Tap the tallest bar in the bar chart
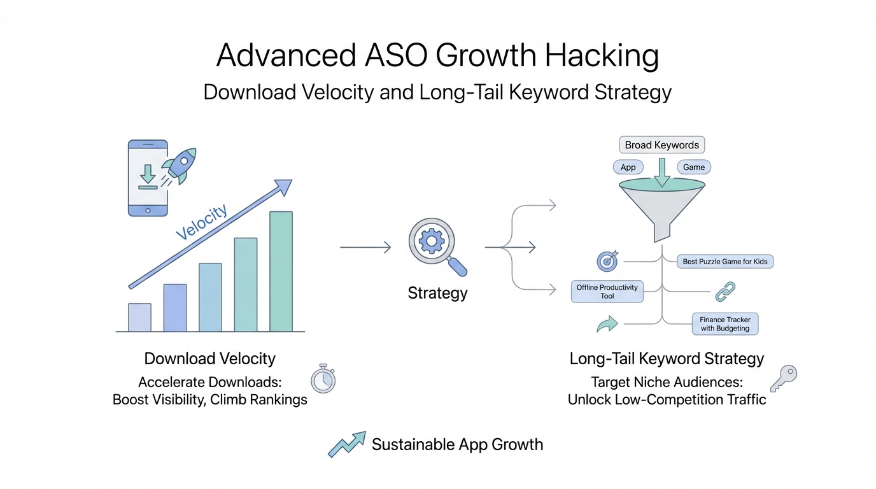(281, 271)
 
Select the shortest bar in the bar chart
(139, 317)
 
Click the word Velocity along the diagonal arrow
(201, 222)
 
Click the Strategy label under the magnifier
(437, 293)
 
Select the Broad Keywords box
(661, 145)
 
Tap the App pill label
(628, 167)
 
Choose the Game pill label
(694, 167)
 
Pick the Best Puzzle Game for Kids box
(725, 261)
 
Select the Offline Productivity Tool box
(607, 292)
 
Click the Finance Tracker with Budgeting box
(725, 324)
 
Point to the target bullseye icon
(607, 261)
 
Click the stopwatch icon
(323, 379)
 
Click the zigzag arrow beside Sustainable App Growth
(347, 444)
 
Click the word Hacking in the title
(602, 55)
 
